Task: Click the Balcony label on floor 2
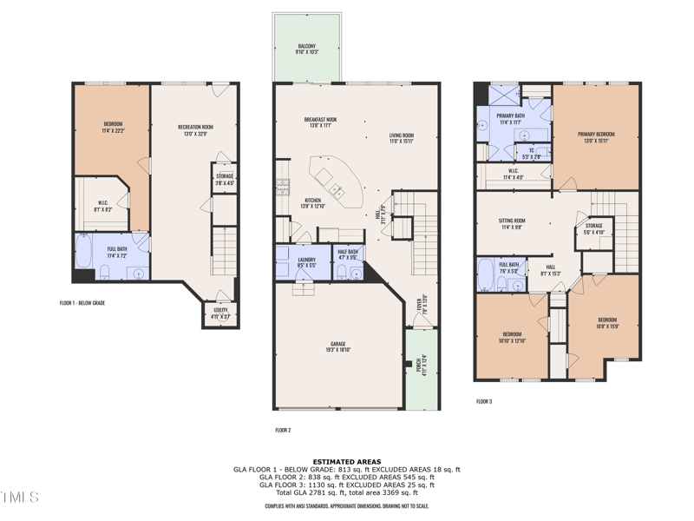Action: pyautogui.click(x=306, y=49)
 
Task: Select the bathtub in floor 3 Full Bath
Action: pyautogui.click(x=486, y=274)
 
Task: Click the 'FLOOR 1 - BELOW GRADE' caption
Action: pyautogui.click(x=88, y=303)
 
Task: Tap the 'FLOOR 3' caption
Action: pyautogui.click(x=484, y=401)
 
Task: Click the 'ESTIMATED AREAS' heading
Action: pyautogui.click(x=346, y=462)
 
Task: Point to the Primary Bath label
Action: pyautogui.click(x=510, y=118)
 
